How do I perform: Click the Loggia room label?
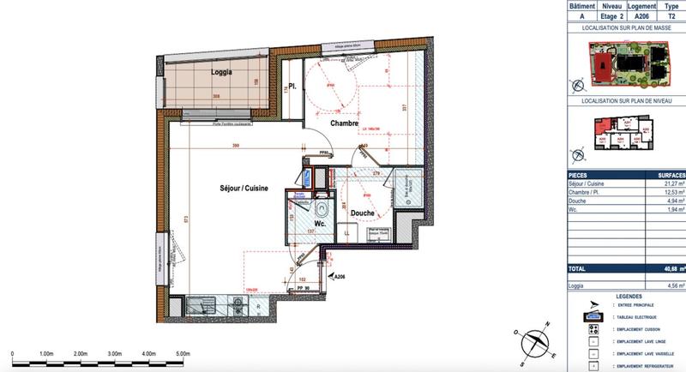tap(222, 72)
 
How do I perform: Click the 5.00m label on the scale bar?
tap(183, 353)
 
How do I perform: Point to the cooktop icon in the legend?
tap(592, 327)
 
